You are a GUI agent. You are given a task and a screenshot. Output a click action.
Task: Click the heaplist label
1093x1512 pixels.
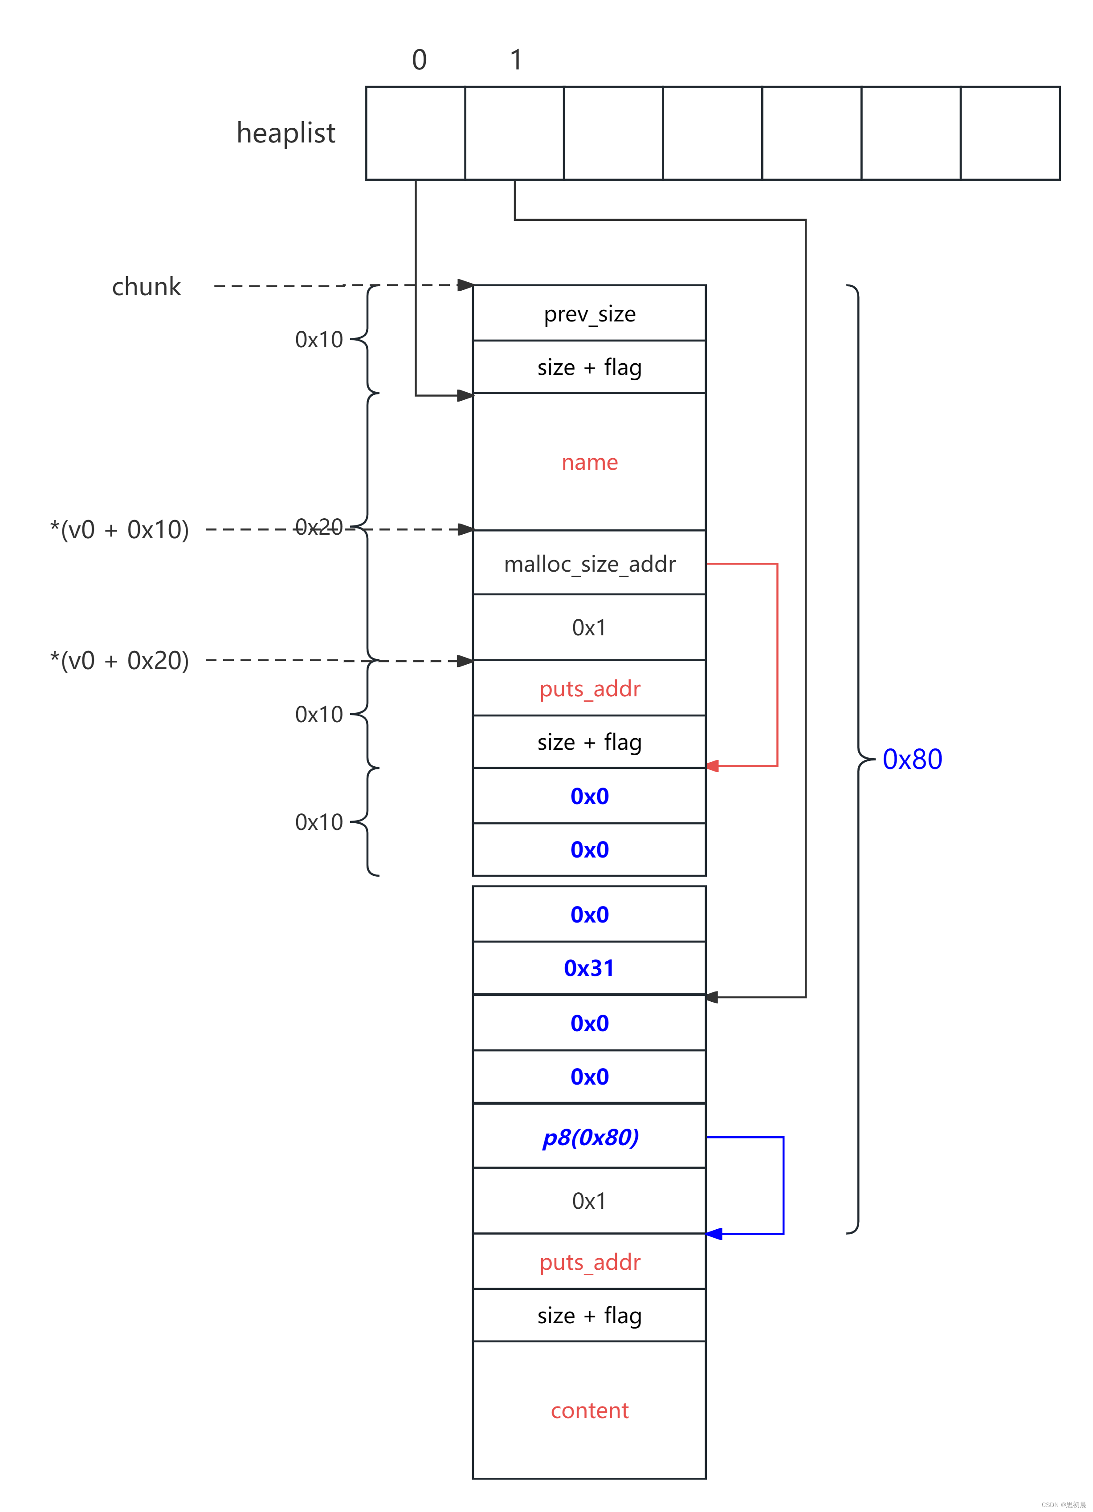coord(285,133)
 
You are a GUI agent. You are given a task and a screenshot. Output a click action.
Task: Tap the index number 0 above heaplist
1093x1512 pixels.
coord(419,60)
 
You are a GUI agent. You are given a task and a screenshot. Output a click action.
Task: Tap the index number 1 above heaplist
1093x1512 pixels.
coord(515,60)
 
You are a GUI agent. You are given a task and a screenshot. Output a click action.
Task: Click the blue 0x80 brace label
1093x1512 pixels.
coord(912,759)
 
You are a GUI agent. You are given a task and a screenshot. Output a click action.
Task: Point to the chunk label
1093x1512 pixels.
coord(146,287)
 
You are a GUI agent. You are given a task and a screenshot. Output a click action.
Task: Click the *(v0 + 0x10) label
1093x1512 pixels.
coord(119,529)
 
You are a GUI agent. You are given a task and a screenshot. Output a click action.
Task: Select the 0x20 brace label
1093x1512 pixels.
coord(319,527)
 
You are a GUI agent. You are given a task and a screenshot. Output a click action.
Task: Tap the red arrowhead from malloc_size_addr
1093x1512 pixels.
coord(712,766)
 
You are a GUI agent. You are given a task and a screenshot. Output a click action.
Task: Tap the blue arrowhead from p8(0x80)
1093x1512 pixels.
coord(714,1234)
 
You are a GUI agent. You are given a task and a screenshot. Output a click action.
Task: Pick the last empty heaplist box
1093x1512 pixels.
coord(1010,133)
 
